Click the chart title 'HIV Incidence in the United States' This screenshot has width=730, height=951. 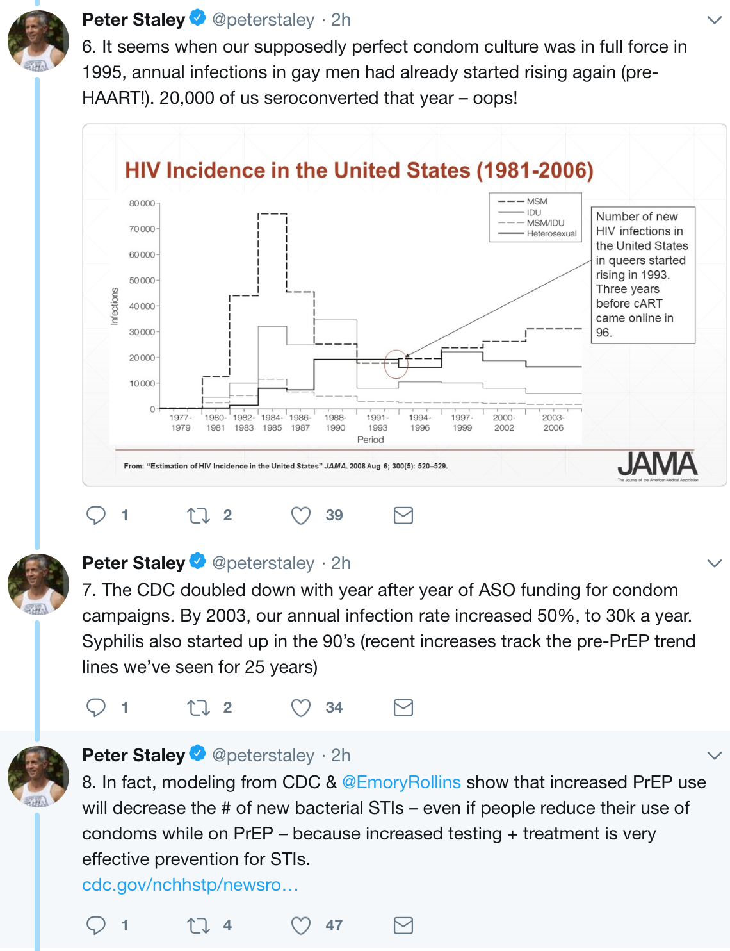pyautogui.click(x=359, y=170)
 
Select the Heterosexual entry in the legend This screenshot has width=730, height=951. pyautogui.click(x=551, y=234)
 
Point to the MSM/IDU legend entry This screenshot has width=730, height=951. pyautogui.click(x=545, y=223)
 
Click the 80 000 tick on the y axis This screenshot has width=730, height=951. pyautogui.click(x=142, y=203)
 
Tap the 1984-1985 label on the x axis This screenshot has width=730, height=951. pyautogui.click(x=272, y=422)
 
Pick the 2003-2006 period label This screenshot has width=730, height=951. pyautogui.click(x=553, y=422)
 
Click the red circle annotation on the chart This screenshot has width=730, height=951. pyautogui.click(x=396, y=364)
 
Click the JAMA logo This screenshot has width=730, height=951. pyautogui.click(x=658, y=465)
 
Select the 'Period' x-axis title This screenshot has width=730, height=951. pyautogui.click(x=370, y=440)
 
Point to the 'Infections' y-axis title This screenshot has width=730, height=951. pyautogui.click(x=115, y=306)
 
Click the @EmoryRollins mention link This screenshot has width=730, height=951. pyautogui.click(x=401, y=782)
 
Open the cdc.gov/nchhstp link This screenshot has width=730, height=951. pyautogui.click(x=190, y=885)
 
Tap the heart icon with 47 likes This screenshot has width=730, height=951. pyautogui.click(x=301, y=925)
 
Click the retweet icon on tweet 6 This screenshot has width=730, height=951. pyautogui.click(x=199, y=515)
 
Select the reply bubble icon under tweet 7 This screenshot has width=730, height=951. pyautogui.click(x=96, y=707)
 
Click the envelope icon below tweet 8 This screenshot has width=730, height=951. pyautogui.click(x=403, y=925)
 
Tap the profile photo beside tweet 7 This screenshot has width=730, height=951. pyautogui.click(x=38, y=584)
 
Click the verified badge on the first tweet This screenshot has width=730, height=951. pyautogui.click(x=198, y=19)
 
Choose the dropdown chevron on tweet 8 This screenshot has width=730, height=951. pyautogui.click(x=714, y=756)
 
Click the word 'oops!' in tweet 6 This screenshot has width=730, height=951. pyautogui.click(x=495, y=98)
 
